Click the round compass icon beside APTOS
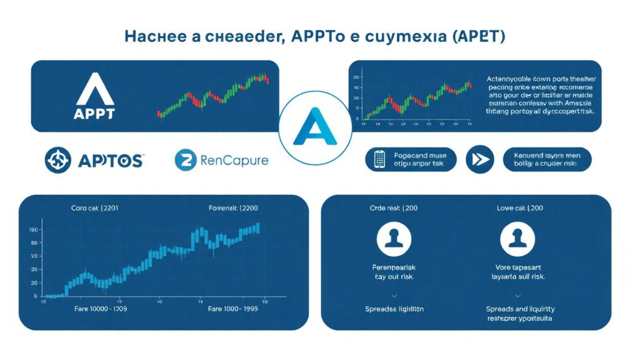click(x=58, y=160)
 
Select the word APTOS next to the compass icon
click(x=111, y=161)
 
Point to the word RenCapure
click(x=234, y=161)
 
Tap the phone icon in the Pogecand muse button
click(x=380, y=159)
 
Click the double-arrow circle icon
click(x=479, y=159)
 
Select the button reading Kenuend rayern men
click(x=547, y=159)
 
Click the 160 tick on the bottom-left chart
click(x=34, y=230)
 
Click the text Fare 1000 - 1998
click(x=234, y=308)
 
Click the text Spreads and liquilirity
click(x=520, y=308)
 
